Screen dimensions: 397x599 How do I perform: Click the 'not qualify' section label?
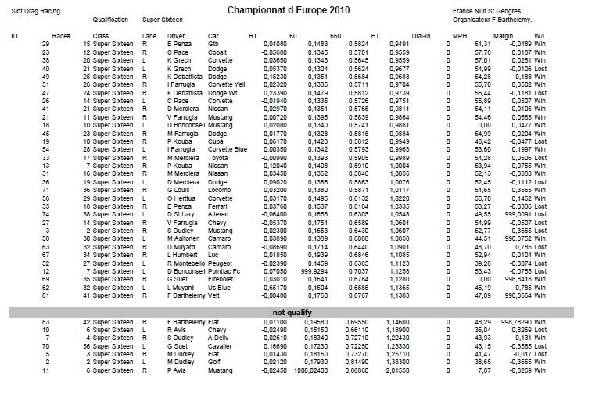pos(283,312)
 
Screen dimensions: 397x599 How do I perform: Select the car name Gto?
pos(213,45)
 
